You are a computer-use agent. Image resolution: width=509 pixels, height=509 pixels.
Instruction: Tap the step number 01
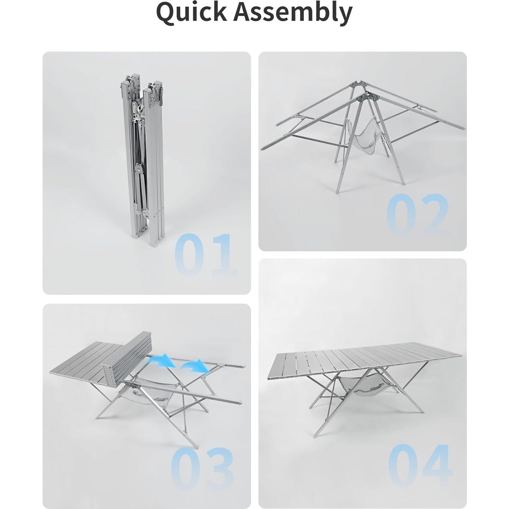point(205,255)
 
